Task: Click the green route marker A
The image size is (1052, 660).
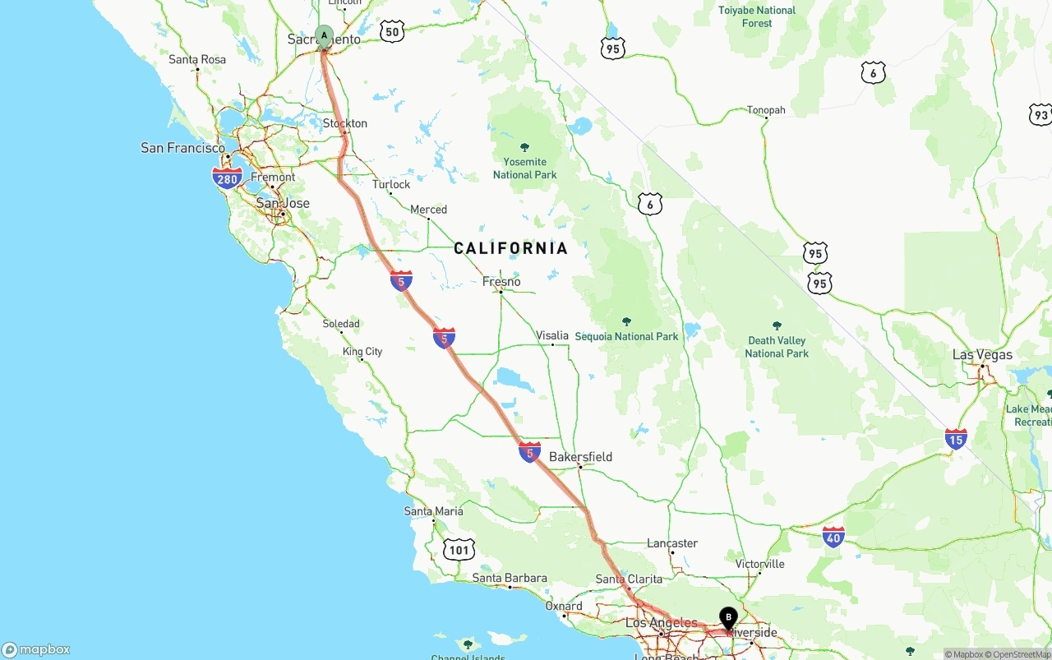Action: click(325, 35)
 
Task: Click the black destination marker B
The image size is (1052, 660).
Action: click(728, 617)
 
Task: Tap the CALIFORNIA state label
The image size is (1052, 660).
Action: click(510, 248)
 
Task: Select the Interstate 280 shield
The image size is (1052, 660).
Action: click(227, 178)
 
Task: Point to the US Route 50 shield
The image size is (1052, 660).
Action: click(392, 32)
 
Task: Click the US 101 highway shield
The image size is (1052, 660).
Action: click(459, 550)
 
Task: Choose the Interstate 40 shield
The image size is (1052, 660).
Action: click(833, 537)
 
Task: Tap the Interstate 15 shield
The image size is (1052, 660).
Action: click(956, 439)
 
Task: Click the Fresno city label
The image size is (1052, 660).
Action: click(501, 282)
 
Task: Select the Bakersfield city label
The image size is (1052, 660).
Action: click(580, 457)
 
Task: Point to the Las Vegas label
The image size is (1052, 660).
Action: click(982, 355)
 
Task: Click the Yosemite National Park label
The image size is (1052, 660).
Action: click(524, 168)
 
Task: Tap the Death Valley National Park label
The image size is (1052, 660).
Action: click(777, 347)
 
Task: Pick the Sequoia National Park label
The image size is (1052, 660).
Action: click(626, 336)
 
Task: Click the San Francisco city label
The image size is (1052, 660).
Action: click(182, 148)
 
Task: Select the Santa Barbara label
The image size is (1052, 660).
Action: click(510, 578)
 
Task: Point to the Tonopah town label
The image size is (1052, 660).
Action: click(766, 110)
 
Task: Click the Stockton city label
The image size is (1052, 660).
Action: click(345, 123)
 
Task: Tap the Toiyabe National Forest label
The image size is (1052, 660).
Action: click(757, 16)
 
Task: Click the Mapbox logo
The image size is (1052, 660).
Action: click(36, 649)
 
